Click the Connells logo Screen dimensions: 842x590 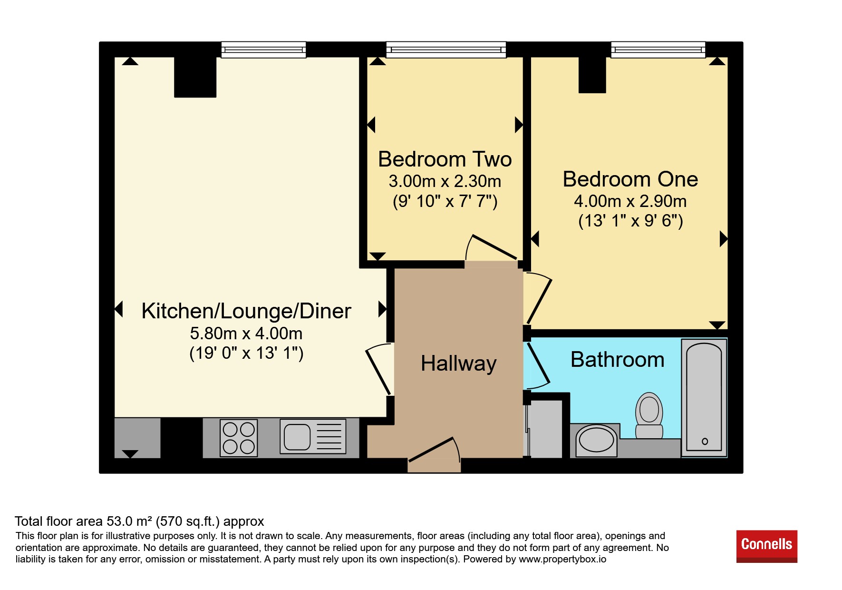click(x=766, y=546)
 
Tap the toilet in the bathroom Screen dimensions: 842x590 click(x=649, y=415)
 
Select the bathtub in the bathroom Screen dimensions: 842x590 click(x=704, y=398)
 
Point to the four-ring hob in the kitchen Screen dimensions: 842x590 click(x=239, y=438)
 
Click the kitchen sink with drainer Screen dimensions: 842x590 click(x=313, y=436)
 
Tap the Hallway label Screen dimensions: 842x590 click(x=459, y=364)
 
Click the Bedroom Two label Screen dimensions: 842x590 click(x=445, y=159)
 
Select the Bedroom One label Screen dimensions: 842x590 click(x=630, y=179)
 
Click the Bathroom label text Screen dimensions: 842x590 click(x=618, y=359)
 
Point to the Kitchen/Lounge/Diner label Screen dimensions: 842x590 click(x=246, y=311)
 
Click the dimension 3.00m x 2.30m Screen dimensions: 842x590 click(x=445, y=181)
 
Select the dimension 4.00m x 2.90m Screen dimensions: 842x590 click(x=630, y=201)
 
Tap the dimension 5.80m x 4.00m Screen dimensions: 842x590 click(x=246, y=334)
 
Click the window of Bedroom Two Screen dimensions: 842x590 click(x=446, y=49)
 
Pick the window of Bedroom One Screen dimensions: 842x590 click(x=658, y=49)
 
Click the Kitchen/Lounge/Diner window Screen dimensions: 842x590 click(x=263, y=49)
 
